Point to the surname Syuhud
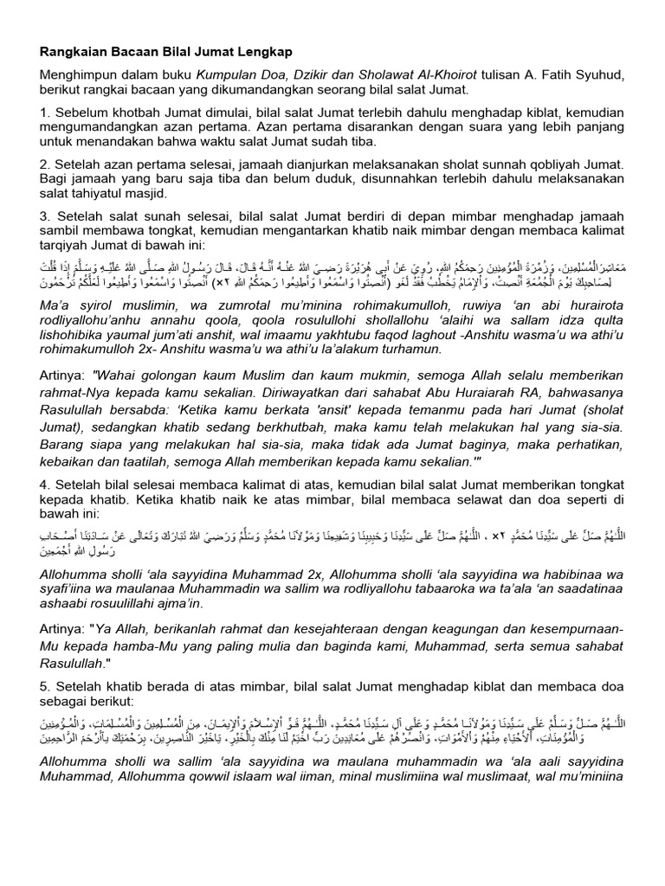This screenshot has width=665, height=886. point(591,76)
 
